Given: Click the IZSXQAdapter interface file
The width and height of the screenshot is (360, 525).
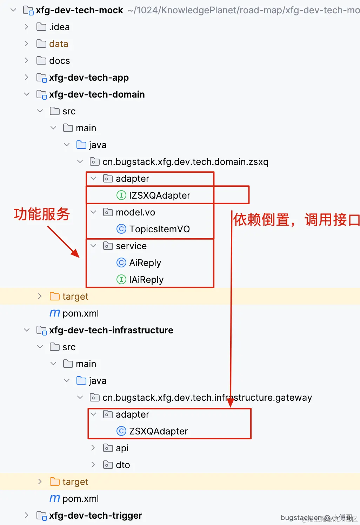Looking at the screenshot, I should (x=159, y=195).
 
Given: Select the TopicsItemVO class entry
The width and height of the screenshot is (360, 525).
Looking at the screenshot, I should (x=159, y=229).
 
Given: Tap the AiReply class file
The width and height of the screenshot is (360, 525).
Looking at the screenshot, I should (x=145, y=263).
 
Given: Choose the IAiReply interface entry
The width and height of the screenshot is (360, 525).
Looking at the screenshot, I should (x=146, y=280).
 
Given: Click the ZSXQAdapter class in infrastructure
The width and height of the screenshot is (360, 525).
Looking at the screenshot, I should (x=158, y=431).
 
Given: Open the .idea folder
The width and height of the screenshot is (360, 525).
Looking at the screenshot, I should (x=59, y=27).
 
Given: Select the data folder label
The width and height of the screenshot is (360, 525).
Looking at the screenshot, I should (x=59, y=44).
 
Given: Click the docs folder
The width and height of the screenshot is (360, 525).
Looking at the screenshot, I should (x=59, y=61).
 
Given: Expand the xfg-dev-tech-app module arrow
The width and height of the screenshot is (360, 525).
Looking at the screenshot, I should (x=26, y=77).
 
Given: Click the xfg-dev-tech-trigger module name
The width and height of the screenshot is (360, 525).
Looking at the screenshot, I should (x=95, y=516).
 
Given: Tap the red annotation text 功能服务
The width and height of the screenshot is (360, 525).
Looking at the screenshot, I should (x=42, y=214).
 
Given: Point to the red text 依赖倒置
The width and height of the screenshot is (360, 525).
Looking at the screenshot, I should (x=261, y=220).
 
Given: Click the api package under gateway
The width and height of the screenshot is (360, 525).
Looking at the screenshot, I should (x=122, y=448).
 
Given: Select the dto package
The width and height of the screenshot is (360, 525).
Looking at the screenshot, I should (x=123, y=465).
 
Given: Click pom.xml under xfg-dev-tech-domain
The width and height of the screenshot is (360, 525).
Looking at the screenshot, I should (x=80, y=313).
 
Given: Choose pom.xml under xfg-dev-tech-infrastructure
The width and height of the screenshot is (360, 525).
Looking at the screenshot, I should (x=80, y=499).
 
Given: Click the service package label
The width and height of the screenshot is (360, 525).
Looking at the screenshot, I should (x=131, y=246).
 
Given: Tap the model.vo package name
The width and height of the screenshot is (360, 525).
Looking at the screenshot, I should (x=135, y=212).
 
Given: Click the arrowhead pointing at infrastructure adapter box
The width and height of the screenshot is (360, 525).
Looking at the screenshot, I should (x=231, y=403).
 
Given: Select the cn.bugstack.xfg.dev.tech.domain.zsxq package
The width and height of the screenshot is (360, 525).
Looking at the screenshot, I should (x=185, y=162).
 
